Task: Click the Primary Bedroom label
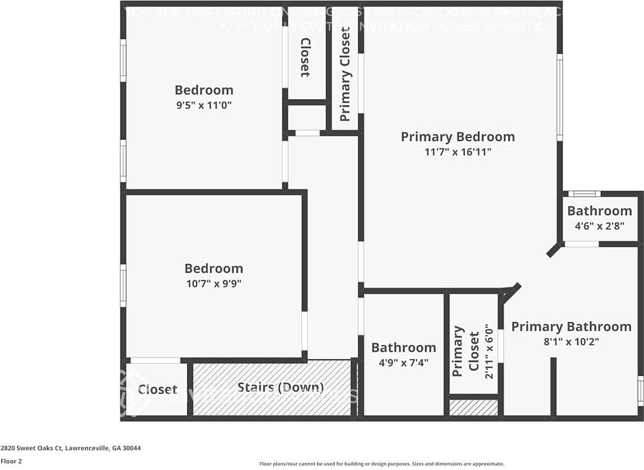pyautogui.click(x=458, y=137)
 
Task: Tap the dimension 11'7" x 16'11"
pyautogui.click(x=458, y=153)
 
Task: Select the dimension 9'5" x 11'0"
pyautogui.click(x=204, y=105)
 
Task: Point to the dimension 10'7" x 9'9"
pyautogui.click(x=214, y=284)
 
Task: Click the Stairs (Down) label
pyautogui.click(x=280, y=388)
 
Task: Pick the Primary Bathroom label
pyautogui.click(x=571, y=326)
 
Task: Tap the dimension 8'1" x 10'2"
pyautogui.click(x=571, y=342)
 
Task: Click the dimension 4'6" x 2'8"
pyautogui.click(x=599, y=226)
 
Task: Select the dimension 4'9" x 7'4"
pyautogui.click(x=404, y=363)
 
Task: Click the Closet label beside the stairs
pyautogui.click(x=157, y=389)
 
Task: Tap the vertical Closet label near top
pyautogui.click(x=305, y=57)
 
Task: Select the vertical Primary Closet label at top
pyautogui.click(x=345, y=74)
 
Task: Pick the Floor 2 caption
pyautogui.click(x=11, y=461)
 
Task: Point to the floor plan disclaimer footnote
pyautogui.click(x=381, y=464)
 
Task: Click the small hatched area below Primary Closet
pyautogui.click(x=474, y=407)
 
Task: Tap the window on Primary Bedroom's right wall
pyautogui.click(x=560, y=97)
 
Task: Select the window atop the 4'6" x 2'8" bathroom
pyautogui.click(x=584, y=194)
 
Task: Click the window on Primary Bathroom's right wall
pyautogui.click(x=640, y=391)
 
